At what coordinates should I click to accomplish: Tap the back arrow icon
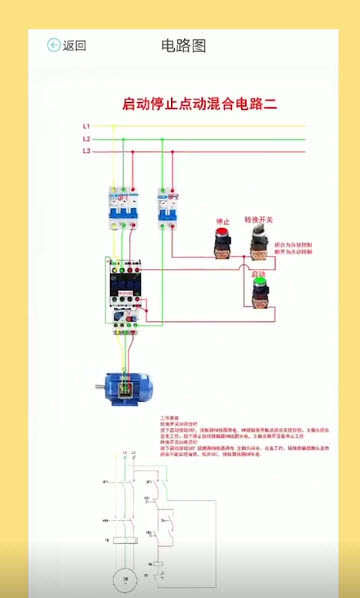(x=54, y=45)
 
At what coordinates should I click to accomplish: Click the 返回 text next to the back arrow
(x=75, y=45)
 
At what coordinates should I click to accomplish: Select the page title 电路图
(x=183, y=45)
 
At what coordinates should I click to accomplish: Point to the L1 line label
(x=87, y=126)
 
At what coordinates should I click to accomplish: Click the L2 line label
(x=87, y=138)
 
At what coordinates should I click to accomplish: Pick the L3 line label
(x=87, y=150)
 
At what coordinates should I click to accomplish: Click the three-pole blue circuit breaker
(x=122, y=208)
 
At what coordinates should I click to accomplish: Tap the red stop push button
(x=222, y=240)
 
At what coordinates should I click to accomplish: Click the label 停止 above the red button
(x=222, y=221)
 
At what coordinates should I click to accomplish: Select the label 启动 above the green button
(x=259, y=272)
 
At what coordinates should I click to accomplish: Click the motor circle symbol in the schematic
(x=124, y=577)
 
